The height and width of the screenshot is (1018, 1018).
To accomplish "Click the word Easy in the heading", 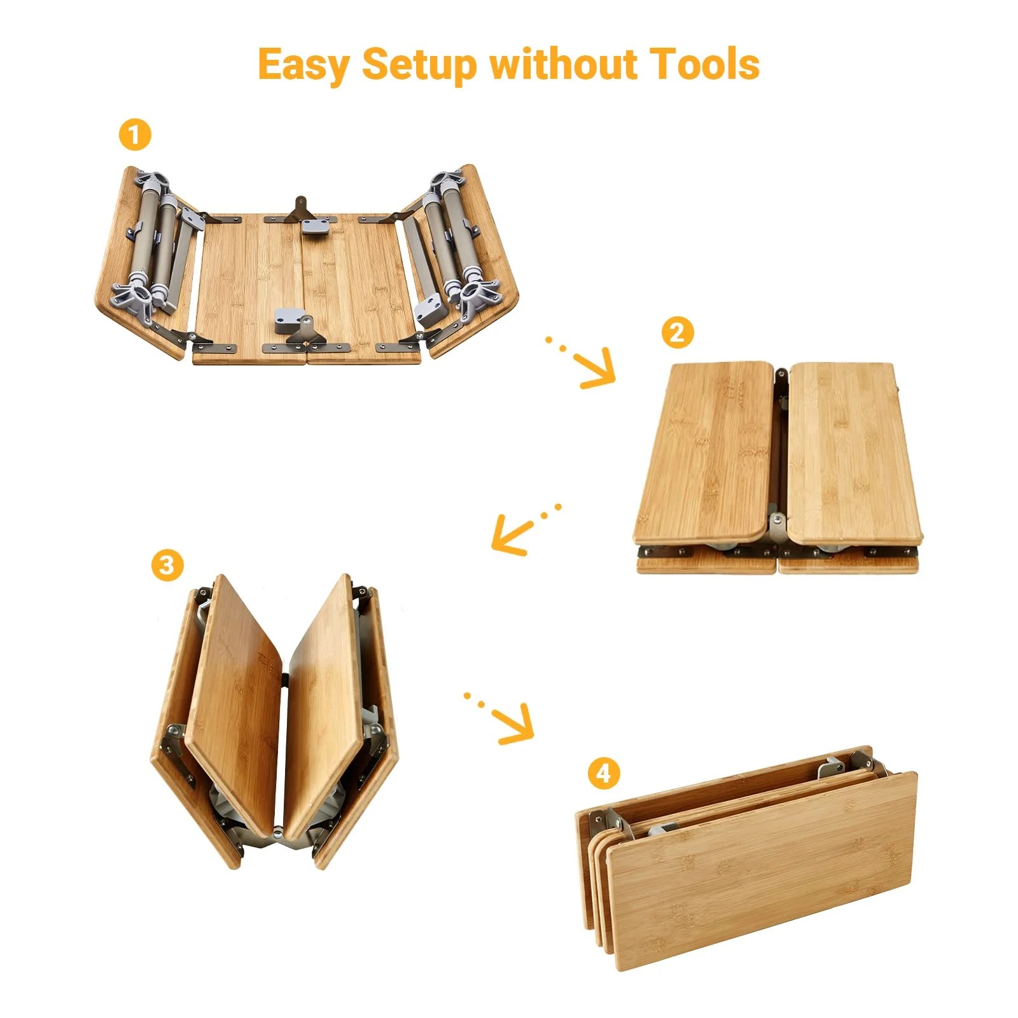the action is pos(303,65).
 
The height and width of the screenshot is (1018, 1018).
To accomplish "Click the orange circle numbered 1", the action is pos(135,135).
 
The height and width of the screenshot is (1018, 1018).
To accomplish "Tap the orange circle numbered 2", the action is pos(677,332).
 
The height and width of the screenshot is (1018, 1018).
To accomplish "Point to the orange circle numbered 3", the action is pos(167,564).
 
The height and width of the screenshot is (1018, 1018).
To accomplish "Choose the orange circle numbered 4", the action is pos(603,773).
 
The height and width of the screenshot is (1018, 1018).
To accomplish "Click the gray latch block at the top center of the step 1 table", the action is pos(317,226).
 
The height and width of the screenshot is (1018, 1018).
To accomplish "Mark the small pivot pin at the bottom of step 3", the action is pos(277,831).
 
